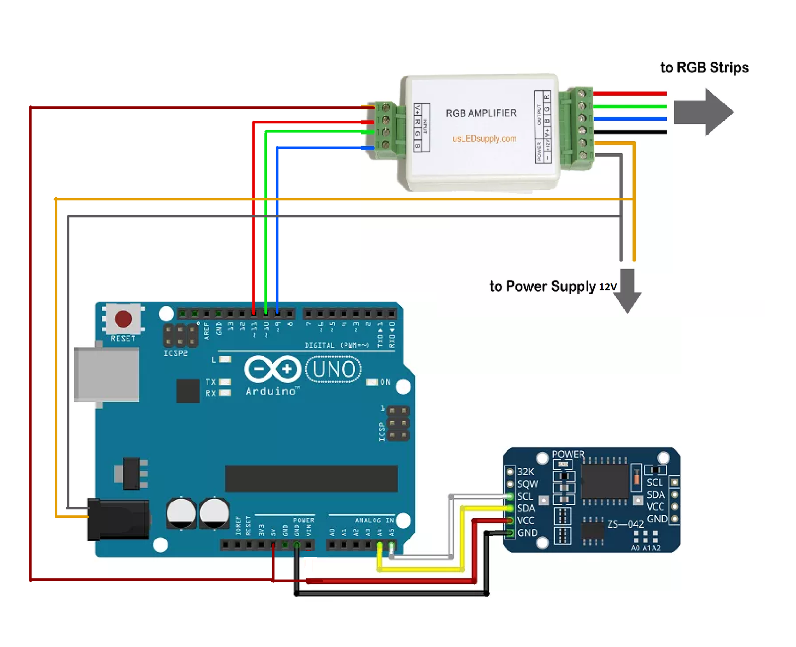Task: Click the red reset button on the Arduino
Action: [123, 319]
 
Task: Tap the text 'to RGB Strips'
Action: [704, 68]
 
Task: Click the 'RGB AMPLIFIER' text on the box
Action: [481, 113]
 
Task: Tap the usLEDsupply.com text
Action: [484, 139]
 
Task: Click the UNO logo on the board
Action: [333, 369]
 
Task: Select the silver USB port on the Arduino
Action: [106, 374]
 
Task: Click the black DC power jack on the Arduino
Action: [118, 519]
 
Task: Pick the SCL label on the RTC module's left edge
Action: [525, 497]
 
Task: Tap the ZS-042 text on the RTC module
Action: [625, 524]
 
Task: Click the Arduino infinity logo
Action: [273, 369]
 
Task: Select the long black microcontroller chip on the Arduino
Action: [311, 478]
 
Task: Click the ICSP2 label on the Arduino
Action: [175, 353]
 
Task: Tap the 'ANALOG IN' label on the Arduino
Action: [374, 520]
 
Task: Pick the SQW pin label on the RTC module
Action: [528, 484]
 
